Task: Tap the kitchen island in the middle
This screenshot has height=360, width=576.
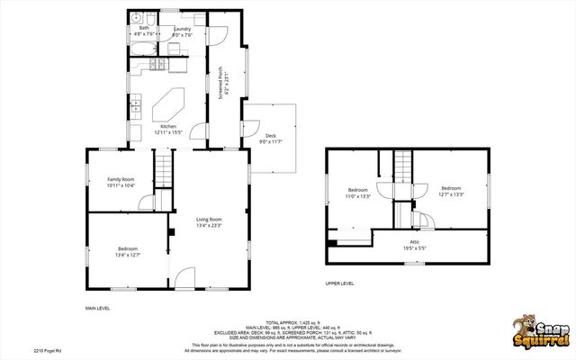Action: click(168, 103)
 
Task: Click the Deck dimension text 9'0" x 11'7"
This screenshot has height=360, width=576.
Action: click(271, 141)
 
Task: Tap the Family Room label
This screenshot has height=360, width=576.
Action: click(121, 182)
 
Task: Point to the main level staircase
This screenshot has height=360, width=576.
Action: click(162, 168)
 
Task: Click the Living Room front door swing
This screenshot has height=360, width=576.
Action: click(184, 278)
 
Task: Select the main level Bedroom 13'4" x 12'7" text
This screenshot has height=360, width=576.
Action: click(129, 251)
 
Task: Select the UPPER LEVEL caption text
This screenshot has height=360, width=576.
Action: click(339, 283)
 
